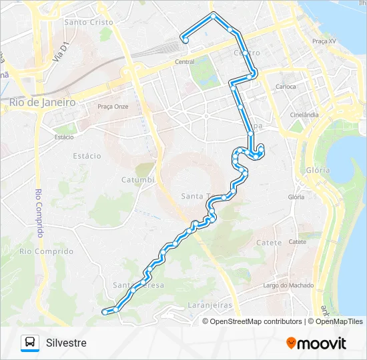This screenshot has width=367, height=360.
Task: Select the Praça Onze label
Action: click(x=113, y=106)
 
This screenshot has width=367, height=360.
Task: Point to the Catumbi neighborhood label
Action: click(x=137, y=180)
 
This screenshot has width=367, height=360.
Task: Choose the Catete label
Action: click(x=269, y=243)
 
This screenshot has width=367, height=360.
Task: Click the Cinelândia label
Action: click(x=304, y=115)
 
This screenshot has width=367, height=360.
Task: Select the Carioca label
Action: click(x=286, y=87)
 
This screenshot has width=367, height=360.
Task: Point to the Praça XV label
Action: click(x=324, y=41)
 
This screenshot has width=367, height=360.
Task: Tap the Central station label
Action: click(x=184, y=62)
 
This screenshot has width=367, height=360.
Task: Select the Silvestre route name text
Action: click(x=66, y=343)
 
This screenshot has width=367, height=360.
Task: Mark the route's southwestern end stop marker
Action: click(x=103, y=311)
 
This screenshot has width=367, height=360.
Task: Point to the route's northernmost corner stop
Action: click(x=213, y=15)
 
